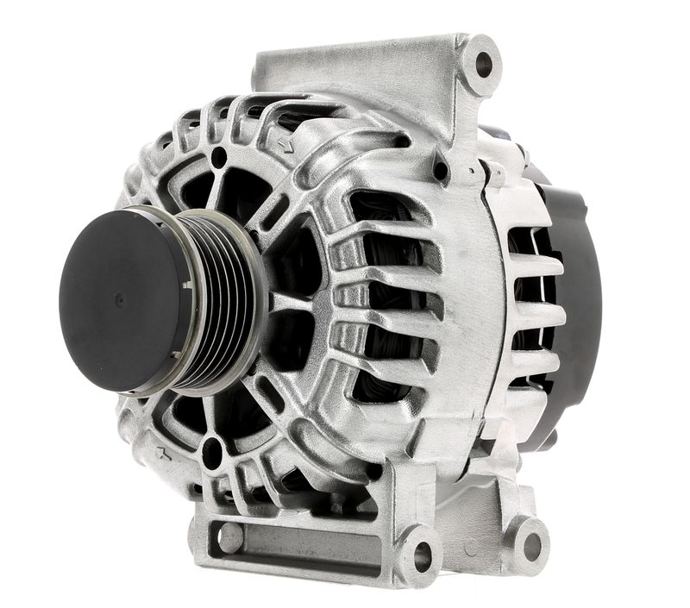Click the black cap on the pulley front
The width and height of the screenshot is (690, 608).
point(121,298)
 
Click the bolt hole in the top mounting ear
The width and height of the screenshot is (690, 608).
point(484,64)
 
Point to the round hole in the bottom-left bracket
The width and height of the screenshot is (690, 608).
point(230,538)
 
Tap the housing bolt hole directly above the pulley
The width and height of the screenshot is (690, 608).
point(218,158)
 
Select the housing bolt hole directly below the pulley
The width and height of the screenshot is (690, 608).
point(211,454)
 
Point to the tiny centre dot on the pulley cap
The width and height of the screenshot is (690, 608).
point(119,298)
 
